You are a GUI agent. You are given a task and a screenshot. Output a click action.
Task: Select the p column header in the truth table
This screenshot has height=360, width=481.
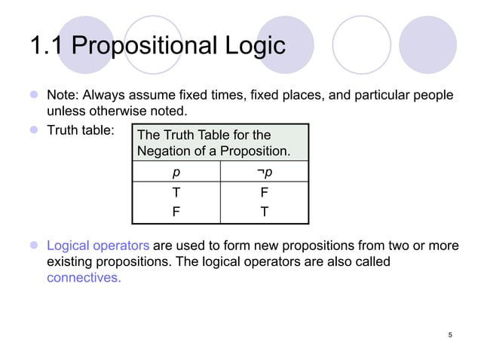pos(176,172)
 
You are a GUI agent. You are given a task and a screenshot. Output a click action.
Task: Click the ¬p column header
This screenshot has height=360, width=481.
pos(265,172)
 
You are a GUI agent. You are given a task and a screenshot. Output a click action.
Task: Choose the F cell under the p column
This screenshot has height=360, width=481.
pos(176,212)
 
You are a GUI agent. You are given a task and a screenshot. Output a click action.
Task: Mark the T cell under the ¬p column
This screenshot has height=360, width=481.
pos(265,212)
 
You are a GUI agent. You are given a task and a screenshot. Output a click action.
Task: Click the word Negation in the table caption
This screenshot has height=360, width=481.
pos(164,151)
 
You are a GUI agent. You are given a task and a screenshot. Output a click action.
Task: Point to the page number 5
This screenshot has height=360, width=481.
pos(450,334)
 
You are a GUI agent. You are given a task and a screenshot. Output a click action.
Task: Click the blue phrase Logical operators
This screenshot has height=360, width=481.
pos(98,246)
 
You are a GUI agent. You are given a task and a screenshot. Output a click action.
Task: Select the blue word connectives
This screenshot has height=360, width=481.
pos(84,277)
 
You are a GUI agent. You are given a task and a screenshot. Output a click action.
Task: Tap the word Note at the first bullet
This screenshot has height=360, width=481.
pos(62,96)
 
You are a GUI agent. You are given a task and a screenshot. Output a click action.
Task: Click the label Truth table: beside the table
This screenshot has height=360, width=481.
pos(81,130)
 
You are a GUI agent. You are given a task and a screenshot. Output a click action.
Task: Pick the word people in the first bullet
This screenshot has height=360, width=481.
pos(434,96)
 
